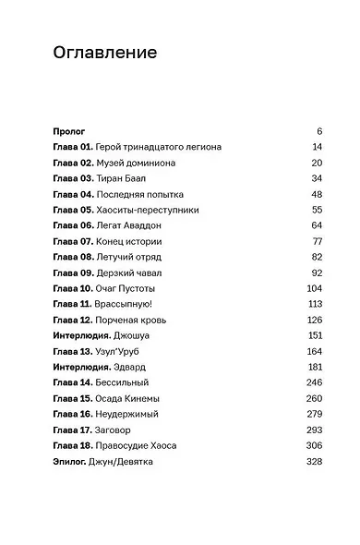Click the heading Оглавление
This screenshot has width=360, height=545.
[x=104, y=54]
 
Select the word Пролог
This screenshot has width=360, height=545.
[x=69, y=132]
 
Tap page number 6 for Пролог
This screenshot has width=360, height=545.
[x=318, y=132]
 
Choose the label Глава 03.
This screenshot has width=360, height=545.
[x=73, y=179]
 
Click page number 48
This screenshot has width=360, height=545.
[x=316, y=195]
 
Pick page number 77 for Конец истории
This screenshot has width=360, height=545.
[x=317, y=242]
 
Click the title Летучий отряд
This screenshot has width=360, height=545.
[x=130, y=258]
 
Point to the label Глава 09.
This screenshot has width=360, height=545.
[x=73, y=273]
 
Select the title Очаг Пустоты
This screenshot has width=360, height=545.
[x=128, y=289]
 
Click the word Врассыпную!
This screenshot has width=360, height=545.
[x=126, y=305]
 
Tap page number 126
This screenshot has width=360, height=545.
[x=314, y=321]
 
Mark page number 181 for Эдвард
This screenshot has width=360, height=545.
[x=314, y=368]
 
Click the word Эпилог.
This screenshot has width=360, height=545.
[x=70, y=462]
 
